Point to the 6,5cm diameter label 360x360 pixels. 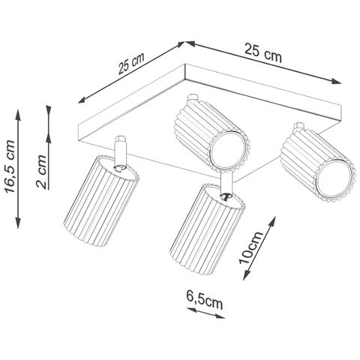tap(204, 303)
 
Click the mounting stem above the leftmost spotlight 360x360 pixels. tap(120, 147)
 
